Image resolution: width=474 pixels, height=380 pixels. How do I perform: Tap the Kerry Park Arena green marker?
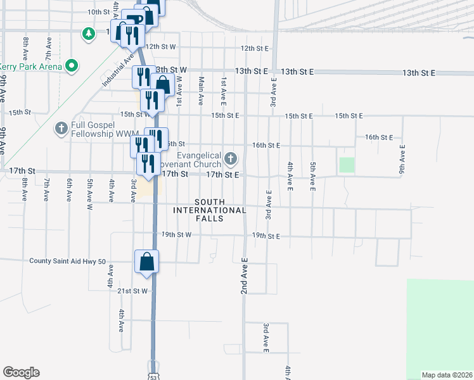click(x=72, y=65)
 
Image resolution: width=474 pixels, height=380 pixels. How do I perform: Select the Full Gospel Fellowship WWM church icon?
click(x=61, y=129)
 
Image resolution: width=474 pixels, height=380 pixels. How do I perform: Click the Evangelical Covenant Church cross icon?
click(x=231, y=158)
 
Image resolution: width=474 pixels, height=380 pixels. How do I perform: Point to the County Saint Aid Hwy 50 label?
click(x=66, y=260)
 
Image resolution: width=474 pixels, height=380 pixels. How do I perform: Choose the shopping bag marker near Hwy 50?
click(x=146, y=262)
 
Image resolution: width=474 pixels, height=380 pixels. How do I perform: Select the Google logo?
click(x=21, y=372)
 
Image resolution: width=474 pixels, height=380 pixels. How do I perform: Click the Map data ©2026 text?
click(x=447, y=374)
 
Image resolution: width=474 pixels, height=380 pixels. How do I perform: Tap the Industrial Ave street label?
click(x=118, y=70)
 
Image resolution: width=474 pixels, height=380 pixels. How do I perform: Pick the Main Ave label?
click(x=202, y=91)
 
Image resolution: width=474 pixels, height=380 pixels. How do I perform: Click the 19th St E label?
click(x=266, y=236)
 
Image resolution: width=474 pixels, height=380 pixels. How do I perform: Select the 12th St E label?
click(x=255, y=48)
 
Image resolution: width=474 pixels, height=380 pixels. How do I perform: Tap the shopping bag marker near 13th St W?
click(x=163, y=84)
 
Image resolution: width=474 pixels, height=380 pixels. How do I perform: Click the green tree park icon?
click(x=89, y=32)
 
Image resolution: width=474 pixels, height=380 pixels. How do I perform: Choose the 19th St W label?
click(x=176, y=234)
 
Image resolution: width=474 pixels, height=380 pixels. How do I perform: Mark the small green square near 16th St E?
click(x=346, y=165)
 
